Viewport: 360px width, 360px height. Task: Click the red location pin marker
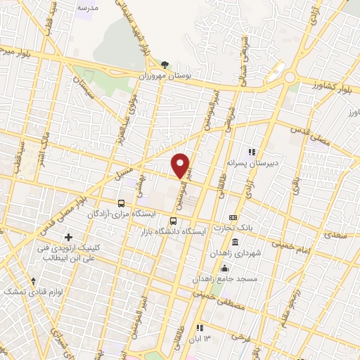click(x=181, y=166)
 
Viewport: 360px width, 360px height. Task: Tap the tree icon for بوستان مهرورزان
click(x=165, y=65)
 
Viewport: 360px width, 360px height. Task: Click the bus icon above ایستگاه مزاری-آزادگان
click(x=121, y=202)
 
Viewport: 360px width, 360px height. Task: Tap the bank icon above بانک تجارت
click(x=243, y=217)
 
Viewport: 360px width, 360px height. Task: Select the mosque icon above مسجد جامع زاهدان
click(x=225, y=268)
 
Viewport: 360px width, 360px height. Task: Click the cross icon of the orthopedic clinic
click(x=68, y=237)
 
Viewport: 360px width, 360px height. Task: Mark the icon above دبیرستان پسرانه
click(x=251, y=151)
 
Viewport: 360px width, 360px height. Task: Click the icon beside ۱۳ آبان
click(x=200, y=328)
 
